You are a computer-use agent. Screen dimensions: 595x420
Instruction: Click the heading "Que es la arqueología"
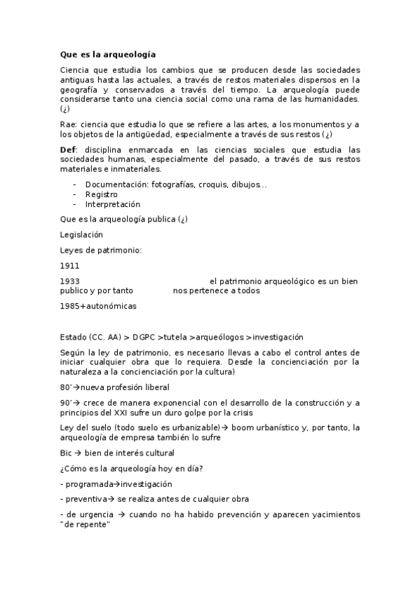click(108, 53)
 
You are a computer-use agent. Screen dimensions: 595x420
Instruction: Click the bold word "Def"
click(68, 149)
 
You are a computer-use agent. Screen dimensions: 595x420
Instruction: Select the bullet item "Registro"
click(102, 194)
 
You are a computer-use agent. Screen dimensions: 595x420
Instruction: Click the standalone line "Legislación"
click(81, 234)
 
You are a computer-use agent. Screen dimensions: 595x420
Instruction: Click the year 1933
click(70, 281)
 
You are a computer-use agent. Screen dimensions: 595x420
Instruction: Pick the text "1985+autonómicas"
click(98, 306)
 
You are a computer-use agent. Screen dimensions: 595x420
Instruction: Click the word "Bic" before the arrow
click(67, 453)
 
